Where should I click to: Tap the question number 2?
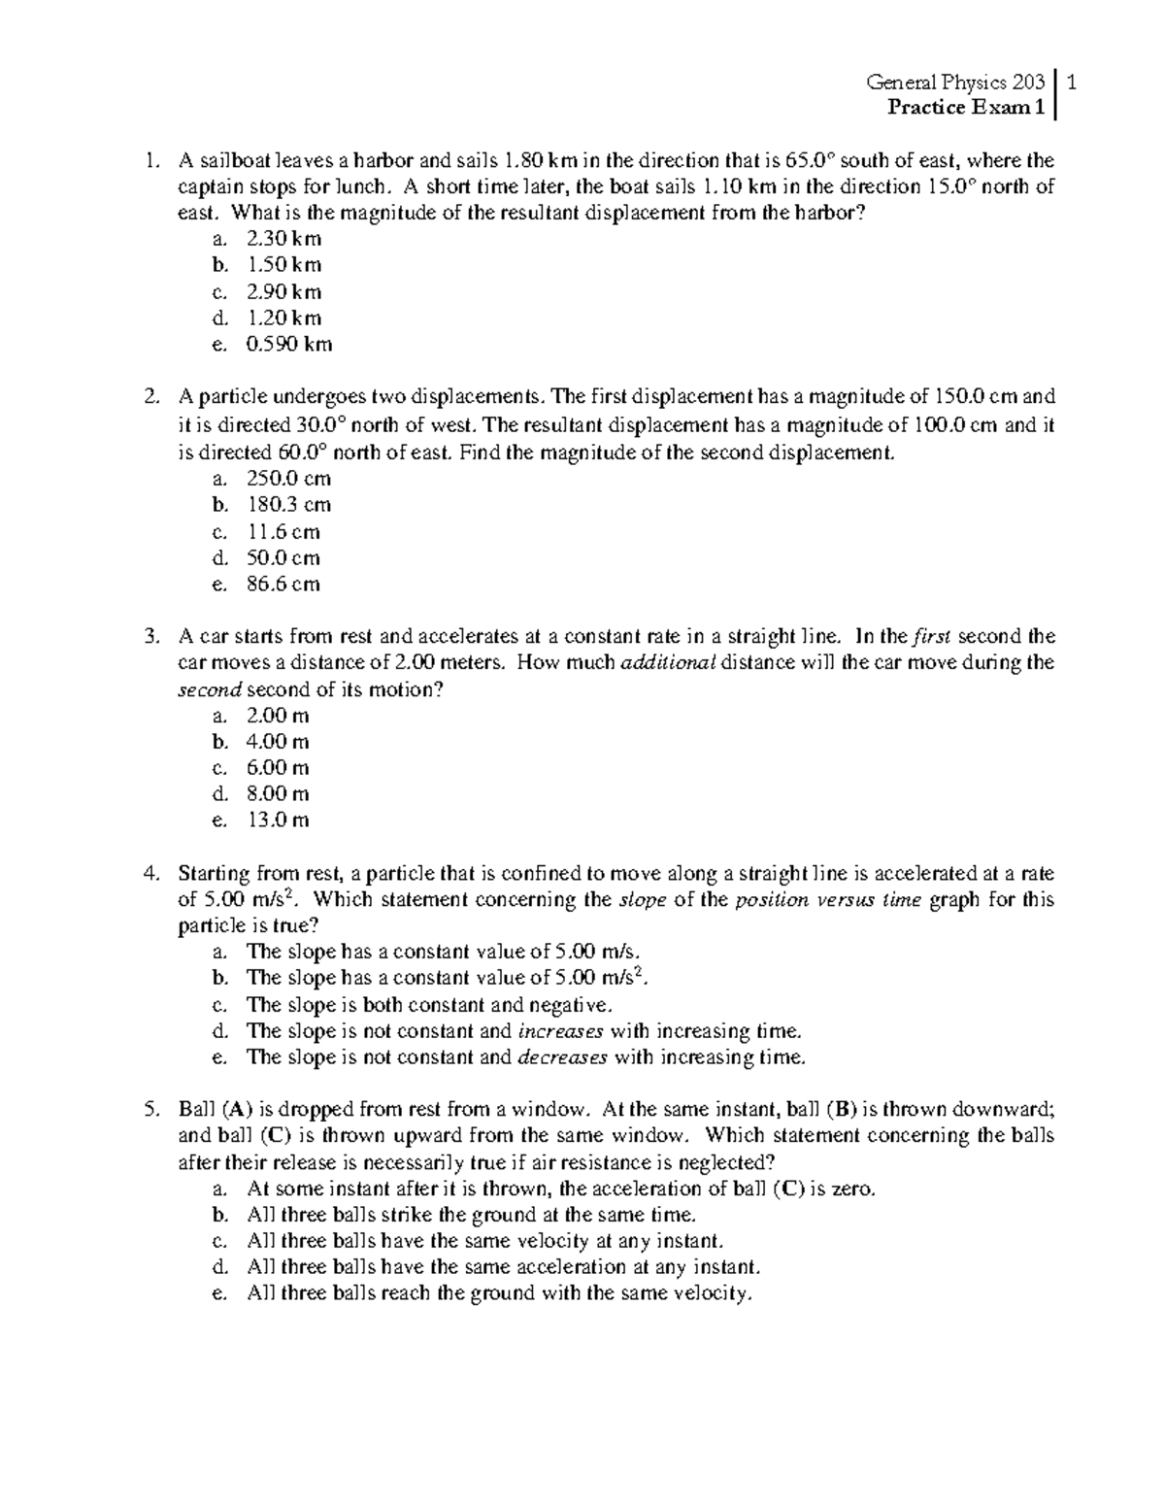click(150, 396)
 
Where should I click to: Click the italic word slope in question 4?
click(642, 899)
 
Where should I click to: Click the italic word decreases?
click(563, 1056)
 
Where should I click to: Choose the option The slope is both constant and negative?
click(430, 1004)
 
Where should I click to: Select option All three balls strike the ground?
click(472, 1215)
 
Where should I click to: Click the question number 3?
click(150, 637)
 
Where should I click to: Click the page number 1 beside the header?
click(1070, 83)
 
